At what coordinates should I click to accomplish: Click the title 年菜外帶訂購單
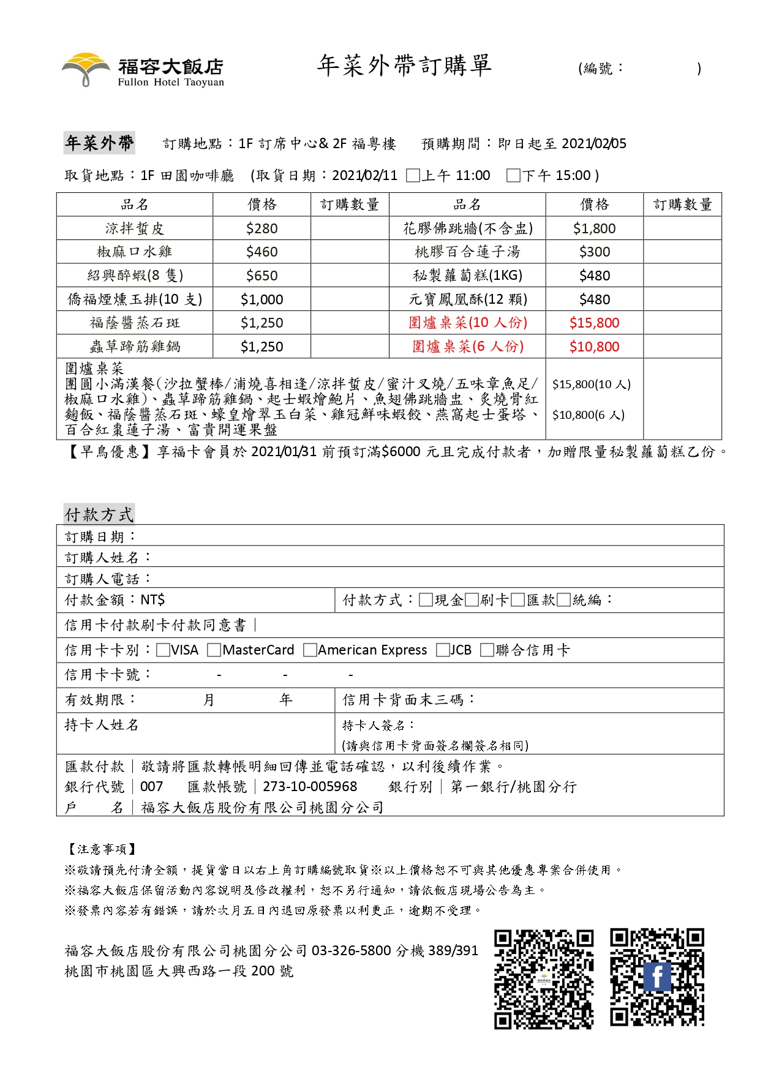[x=404, y=66]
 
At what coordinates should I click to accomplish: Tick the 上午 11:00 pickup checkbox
[x=413, y=176]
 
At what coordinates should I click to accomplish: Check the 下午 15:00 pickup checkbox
[x=513, y=176]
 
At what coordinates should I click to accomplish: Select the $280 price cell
[x=261, y=228]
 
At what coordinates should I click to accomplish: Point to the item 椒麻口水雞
[x=134, y=252]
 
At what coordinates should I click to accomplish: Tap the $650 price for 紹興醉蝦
[x=261, y=276]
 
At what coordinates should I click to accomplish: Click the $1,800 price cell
[x=594, y=228]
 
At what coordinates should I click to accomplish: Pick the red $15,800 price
[x=594, y=323]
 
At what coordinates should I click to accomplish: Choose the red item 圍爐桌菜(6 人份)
[x=467, y=347]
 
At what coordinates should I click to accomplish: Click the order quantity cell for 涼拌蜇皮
[x=350, y=228]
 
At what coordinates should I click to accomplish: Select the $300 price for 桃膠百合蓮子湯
[x=594, y=252]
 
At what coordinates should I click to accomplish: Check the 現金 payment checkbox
[x=426, y=600]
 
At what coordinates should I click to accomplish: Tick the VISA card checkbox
[x=163, y=650]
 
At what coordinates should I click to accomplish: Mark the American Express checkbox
[x=310, y=650]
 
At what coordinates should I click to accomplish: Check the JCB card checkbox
[x=443, y=650]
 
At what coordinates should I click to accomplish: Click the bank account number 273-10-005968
[x=310, y=787]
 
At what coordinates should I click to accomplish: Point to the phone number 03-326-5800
[x=351, y=950]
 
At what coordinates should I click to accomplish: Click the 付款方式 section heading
[x=99, y=515]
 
